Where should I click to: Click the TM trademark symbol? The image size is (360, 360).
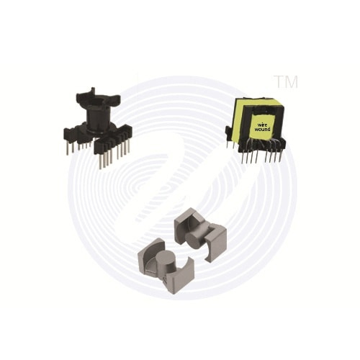pos(286,81)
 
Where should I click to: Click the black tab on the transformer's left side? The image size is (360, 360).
pos(228,133)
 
